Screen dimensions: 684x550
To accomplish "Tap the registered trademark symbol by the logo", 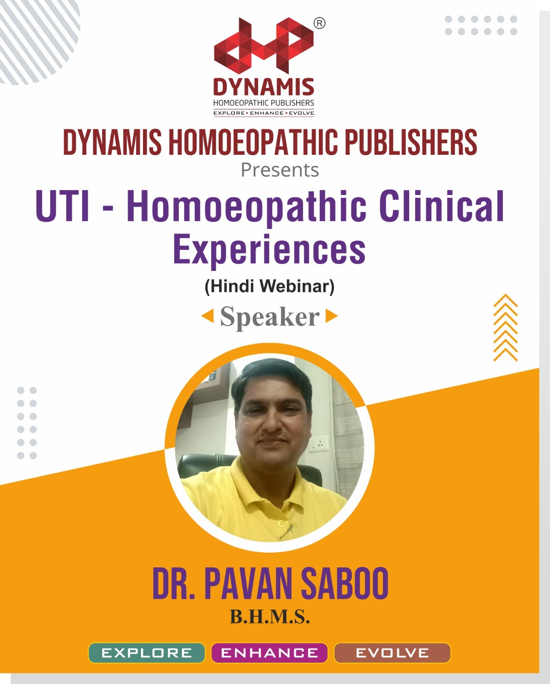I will point(319,24).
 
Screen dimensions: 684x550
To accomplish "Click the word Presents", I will point(280,170).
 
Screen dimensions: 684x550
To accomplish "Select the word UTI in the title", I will point(62,207).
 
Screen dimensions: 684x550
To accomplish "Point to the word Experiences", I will point(269,250).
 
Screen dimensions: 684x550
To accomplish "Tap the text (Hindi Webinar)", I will point(270,286).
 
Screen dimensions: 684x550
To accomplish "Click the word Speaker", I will point(270,317).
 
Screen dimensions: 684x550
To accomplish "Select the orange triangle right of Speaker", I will point(331,316).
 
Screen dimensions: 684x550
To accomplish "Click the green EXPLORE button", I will point(147,653).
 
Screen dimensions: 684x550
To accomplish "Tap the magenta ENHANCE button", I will point(270,653).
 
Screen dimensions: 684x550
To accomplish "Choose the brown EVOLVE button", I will point(392,653).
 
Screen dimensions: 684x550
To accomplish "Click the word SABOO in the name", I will point(345,584).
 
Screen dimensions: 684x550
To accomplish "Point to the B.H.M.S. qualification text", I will point(270,617).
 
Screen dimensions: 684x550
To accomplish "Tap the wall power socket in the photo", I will point(319,443).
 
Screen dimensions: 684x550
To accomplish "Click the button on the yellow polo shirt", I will point(281,523).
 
